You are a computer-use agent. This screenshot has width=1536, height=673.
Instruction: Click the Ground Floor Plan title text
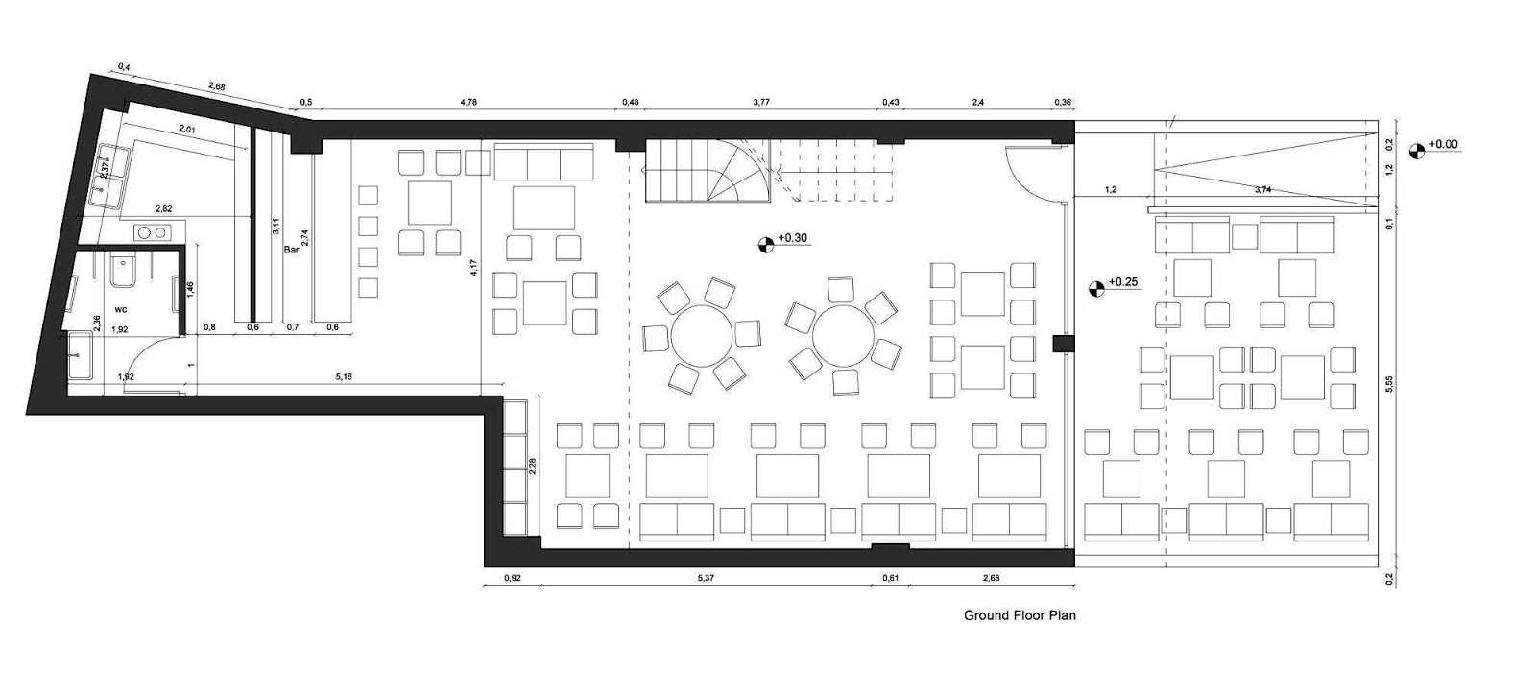[1019, 615]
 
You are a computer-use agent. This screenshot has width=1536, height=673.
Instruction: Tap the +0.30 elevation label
[794, 238]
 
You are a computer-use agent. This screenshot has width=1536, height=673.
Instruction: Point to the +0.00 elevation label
[1443, 145]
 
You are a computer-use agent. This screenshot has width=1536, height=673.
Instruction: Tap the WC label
[122, 310]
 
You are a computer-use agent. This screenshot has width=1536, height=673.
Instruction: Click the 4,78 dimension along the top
[468, 101]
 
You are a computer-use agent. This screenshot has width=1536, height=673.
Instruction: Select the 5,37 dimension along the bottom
[706, 578]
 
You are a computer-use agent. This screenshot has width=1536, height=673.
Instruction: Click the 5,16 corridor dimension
[344, 377]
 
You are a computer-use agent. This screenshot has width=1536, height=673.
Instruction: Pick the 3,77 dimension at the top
[761, 101]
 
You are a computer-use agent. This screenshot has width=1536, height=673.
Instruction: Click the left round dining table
[703, 336]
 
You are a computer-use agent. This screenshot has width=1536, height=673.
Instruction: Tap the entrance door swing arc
[1025, 168]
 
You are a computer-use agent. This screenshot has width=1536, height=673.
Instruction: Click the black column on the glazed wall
[1060, 343]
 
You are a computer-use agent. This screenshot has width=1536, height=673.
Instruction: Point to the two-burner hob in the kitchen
[151, 231]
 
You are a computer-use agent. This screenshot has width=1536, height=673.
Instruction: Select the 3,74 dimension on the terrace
[1262, 190]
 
